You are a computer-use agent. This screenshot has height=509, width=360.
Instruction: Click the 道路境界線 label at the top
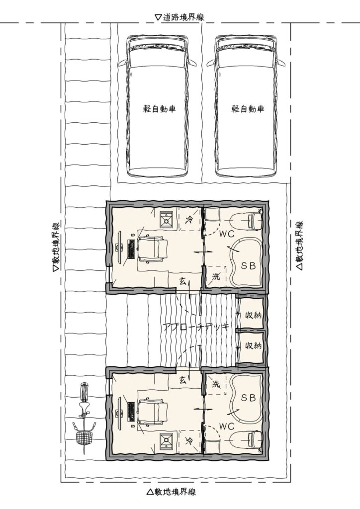[x=183, y=17]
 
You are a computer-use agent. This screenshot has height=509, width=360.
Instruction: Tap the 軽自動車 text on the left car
[x=160, y=108]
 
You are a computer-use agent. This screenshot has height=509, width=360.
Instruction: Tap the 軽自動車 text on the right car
[x=248, y=108]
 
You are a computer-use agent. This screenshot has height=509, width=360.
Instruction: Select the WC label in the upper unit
[x=227, y=234]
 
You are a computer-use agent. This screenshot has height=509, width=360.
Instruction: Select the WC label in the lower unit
[x=227, y=426]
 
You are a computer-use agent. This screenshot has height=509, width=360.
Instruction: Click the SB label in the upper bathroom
[x=248, y=266]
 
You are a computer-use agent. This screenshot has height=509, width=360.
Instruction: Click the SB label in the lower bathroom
[x=248, y=397]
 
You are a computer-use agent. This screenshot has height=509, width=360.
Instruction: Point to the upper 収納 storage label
[x=253, y=315]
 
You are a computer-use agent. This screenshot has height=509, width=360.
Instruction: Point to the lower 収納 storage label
[x=253, y=345]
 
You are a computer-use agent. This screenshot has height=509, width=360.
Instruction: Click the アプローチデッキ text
[x=196, y=327]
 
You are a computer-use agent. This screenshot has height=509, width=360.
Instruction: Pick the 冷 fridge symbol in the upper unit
[x=188, y=220]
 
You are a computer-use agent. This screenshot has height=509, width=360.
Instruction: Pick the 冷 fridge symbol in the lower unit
[x=188, y=440]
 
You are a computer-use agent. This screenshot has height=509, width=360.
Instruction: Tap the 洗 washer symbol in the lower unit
[x=216, y=384]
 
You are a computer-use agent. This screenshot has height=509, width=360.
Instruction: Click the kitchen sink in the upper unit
[x=168, y=220]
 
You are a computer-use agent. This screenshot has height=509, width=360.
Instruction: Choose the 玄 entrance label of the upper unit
[x=182, y=281]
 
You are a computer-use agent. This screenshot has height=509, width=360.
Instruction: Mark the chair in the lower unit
[x=153, y=412]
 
